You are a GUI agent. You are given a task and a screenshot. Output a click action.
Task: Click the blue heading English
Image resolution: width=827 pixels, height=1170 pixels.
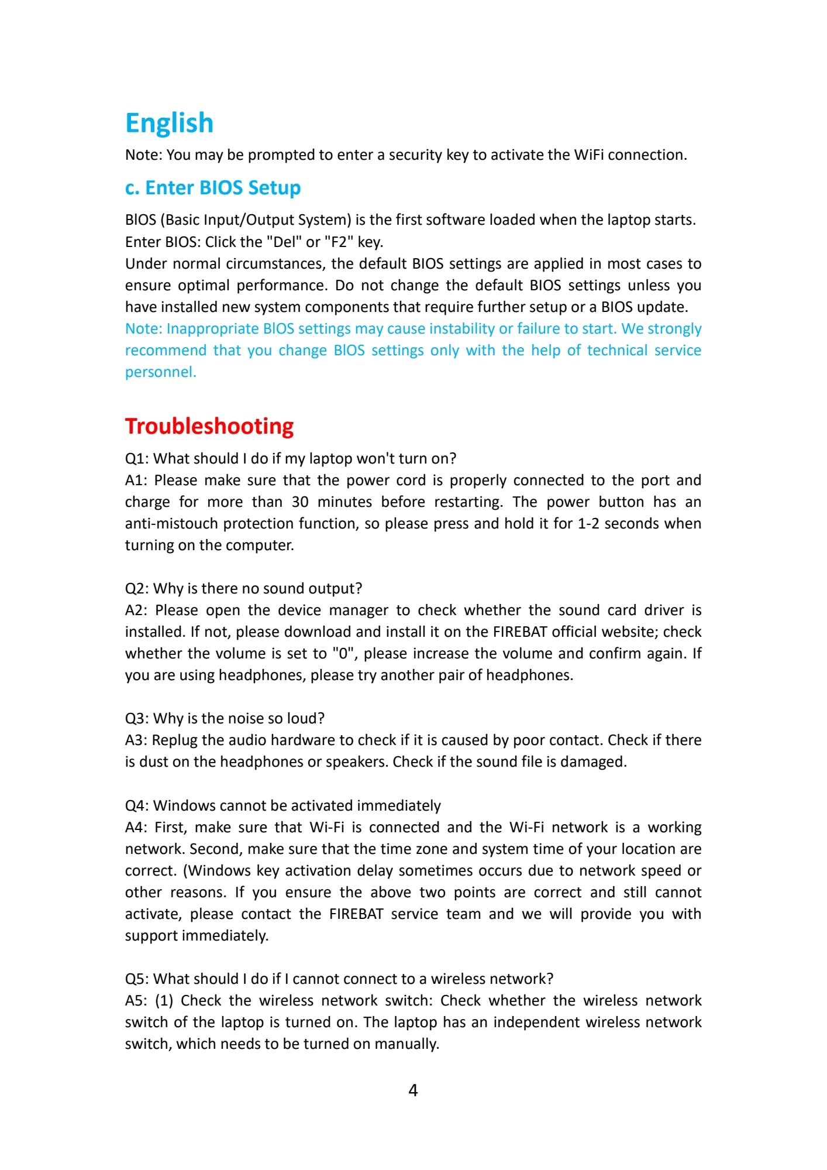tap(170, 123)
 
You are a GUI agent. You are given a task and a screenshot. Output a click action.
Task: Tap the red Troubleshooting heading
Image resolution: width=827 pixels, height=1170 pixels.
tap(209, 426)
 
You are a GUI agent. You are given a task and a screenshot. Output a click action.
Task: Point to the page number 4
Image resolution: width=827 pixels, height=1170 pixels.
tap(413, 1090)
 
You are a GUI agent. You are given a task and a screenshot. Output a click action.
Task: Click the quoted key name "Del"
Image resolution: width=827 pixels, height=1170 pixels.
tap(284, 242)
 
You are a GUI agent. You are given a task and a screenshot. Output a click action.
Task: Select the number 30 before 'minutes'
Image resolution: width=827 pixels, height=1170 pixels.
tap(300, 502)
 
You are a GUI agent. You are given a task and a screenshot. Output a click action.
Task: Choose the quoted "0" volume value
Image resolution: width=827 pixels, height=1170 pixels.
tap(343, 654)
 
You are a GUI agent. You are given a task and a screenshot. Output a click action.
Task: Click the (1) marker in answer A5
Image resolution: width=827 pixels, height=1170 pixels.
tap(164, 1001)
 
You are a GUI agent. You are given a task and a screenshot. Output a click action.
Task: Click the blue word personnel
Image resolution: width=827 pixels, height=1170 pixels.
tap(160, 372)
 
